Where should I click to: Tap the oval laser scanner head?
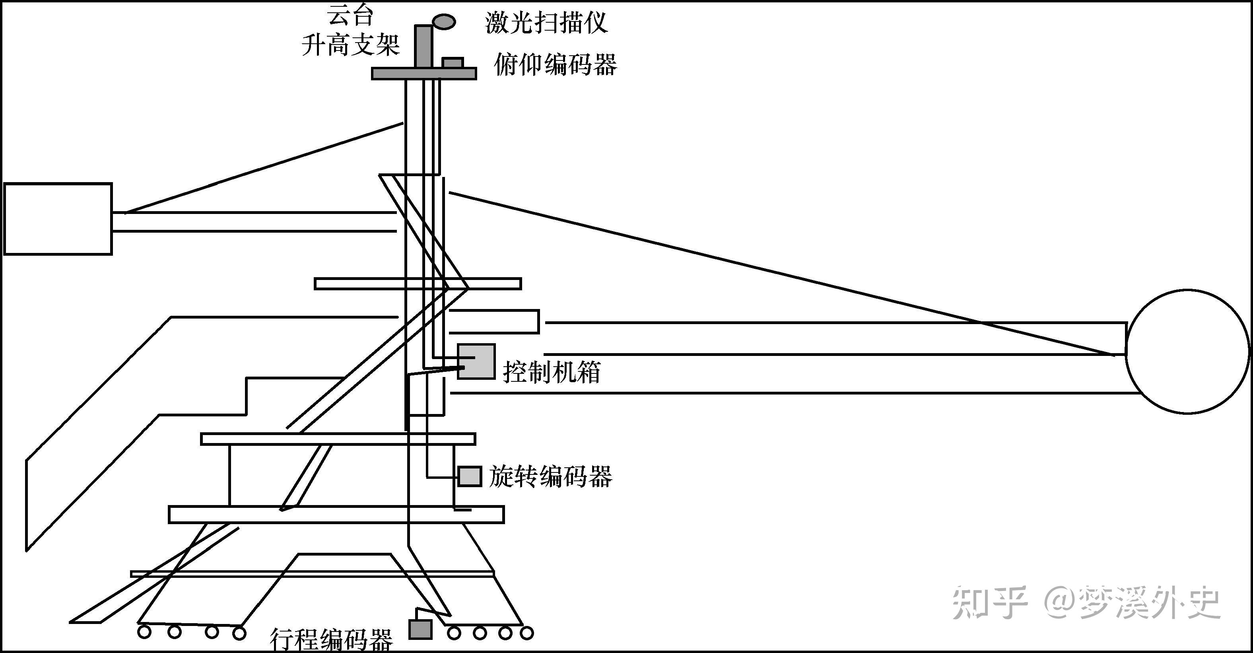pos(444,21)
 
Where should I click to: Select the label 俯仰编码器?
pos(556,65)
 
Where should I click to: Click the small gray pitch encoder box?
pos(453,63)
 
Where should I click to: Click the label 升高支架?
pos(351,45)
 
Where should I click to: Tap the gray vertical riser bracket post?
pos(423,46)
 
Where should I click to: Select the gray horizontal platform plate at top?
pos(423,74)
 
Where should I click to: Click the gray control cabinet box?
pos(476,361)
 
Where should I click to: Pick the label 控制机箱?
pos(552,372)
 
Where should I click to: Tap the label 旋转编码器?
pos(551,476)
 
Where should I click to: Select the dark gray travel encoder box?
pos(420,629)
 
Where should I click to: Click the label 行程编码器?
pos(331,640)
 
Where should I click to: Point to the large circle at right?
pos(1187,351)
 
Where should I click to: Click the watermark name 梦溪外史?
pos(1150,602)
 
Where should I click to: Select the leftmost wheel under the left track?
pos(144,633)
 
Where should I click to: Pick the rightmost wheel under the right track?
pos(527,633)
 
